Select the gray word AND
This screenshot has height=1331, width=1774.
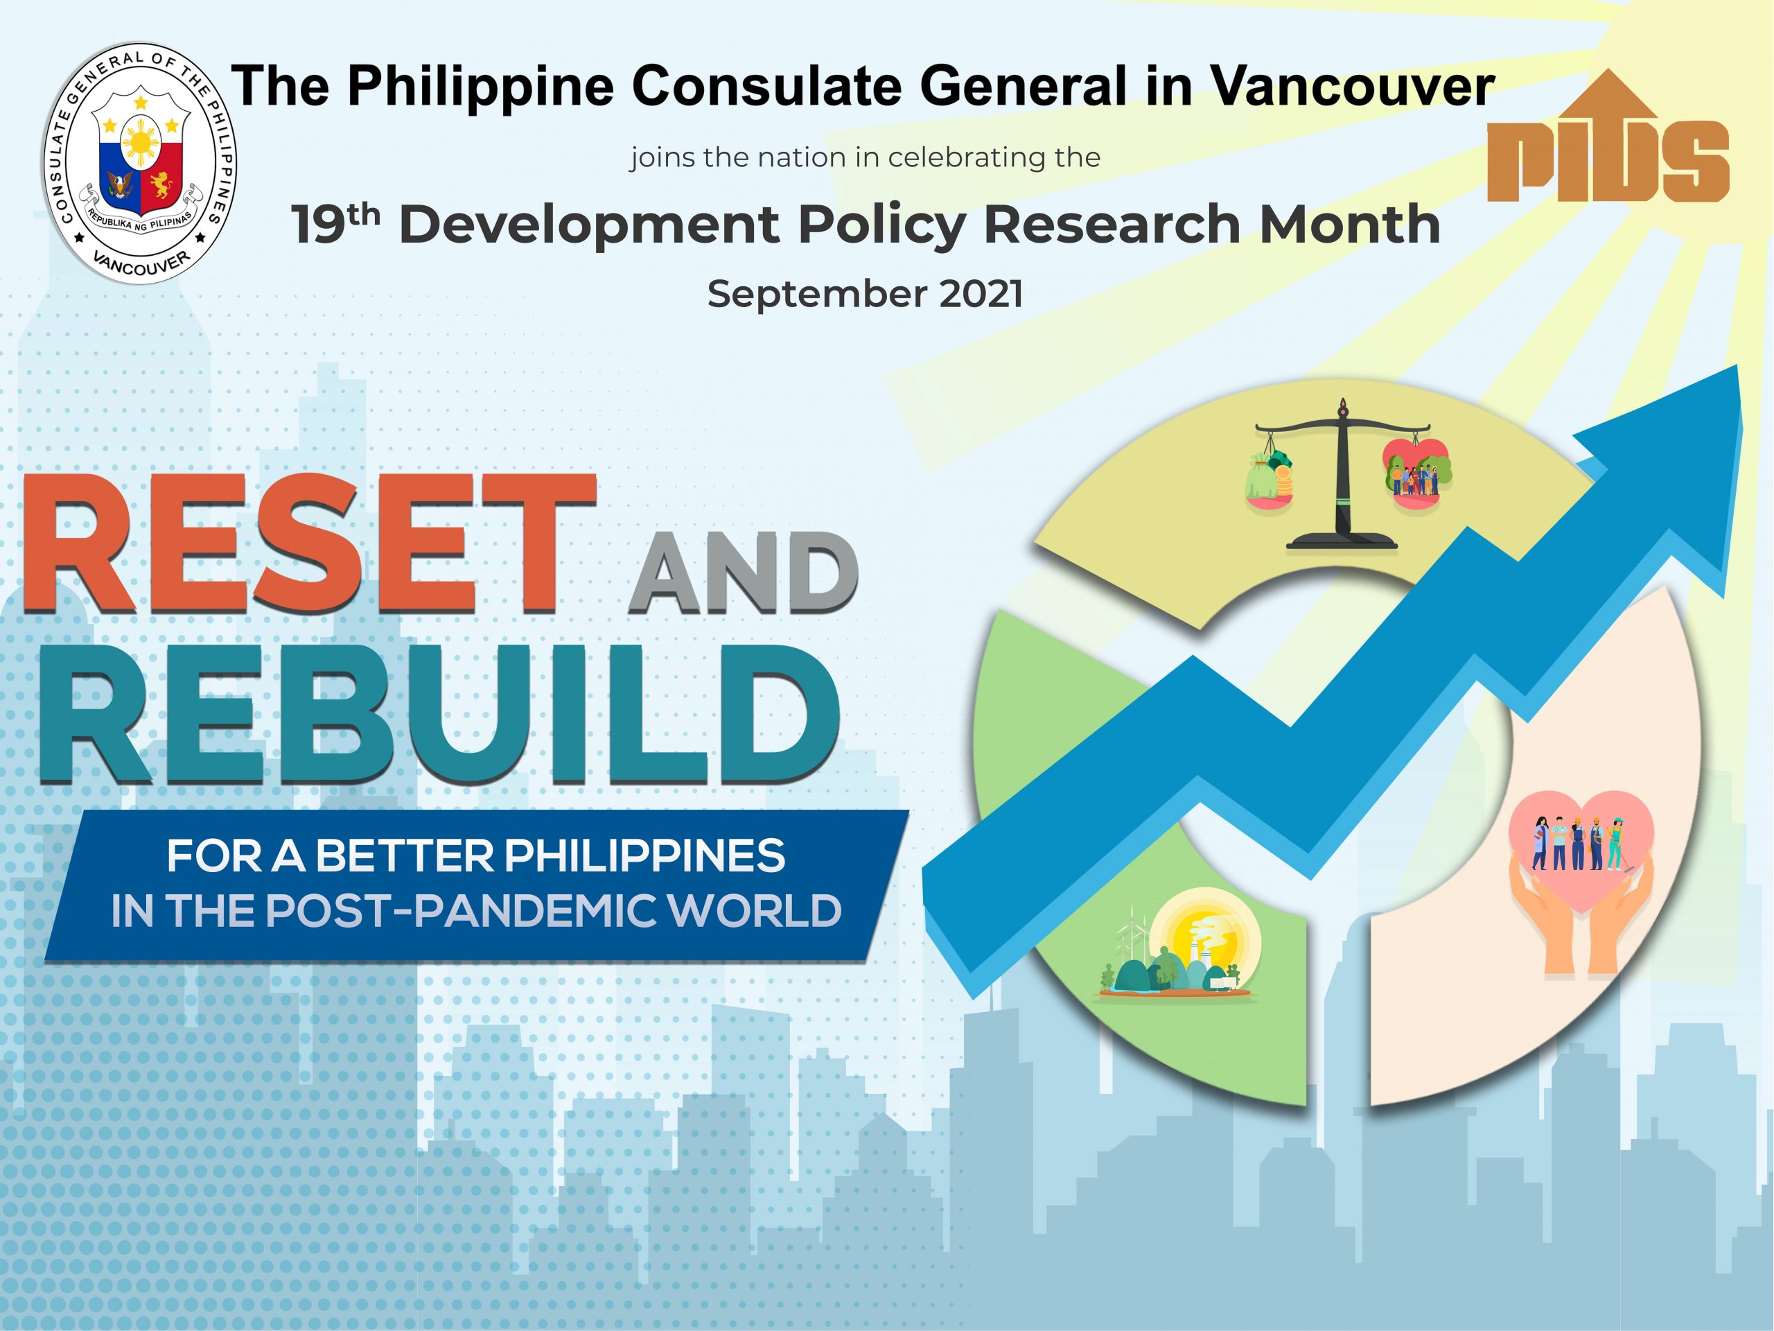point(743,573)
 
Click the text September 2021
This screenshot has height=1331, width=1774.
point(866,295)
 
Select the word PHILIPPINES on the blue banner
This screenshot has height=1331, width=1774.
point(644,856)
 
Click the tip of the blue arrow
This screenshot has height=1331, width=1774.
point(1737,366)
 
